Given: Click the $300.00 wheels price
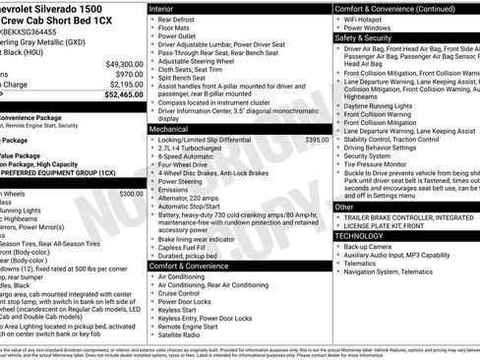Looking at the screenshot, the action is tap(131, 194).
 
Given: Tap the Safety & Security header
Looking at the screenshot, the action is tap(365, 37).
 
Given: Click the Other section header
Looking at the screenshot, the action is tap(344, 208).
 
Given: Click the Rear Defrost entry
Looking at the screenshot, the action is tap(177, 19).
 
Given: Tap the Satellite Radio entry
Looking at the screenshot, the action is tap(183, 334).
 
